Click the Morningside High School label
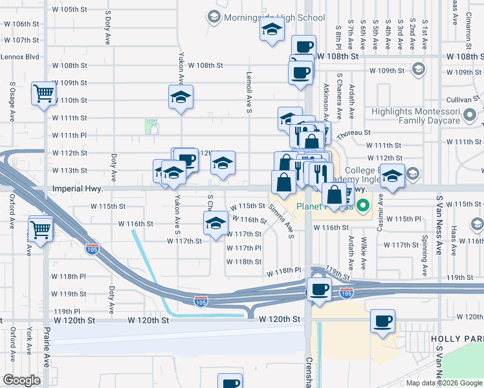click(274, 17)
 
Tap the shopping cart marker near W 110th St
click(43, 94)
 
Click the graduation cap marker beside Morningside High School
click(272, 30)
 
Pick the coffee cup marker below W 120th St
click(383, 321)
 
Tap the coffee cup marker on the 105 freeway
click(318, 289)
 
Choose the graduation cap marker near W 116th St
click(215, 224)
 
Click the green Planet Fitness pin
click(364, 208)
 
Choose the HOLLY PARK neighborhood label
click(465, 339)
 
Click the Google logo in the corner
click(21, 380)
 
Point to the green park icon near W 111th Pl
click(151, 126)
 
